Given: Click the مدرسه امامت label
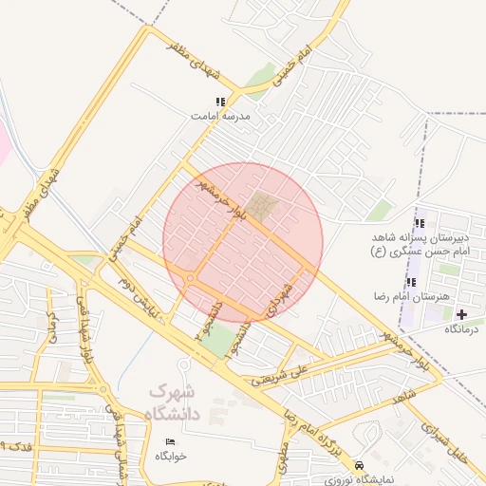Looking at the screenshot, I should click(219, 115).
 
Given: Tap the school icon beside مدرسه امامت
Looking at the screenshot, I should click(220, 102).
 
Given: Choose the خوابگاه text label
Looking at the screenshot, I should click(171, 457).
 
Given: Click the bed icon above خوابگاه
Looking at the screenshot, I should click(171, 443).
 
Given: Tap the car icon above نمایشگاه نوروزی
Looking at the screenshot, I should click(359, 466).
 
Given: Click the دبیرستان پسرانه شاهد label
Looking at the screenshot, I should click(418, 240).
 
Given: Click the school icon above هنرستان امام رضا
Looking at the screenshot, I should click(411, 282).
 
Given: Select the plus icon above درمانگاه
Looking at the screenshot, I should click(462, 314).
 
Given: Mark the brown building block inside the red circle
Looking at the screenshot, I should click(262, 206).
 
